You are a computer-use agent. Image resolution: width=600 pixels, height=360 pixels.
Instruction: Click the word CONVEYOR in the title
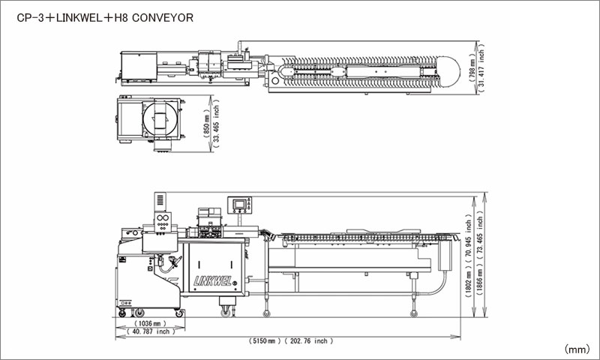[x=163, y=16]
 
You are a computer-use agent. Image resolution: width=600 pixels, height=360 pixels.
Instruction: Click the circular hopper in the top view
[x=160, y=118]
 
